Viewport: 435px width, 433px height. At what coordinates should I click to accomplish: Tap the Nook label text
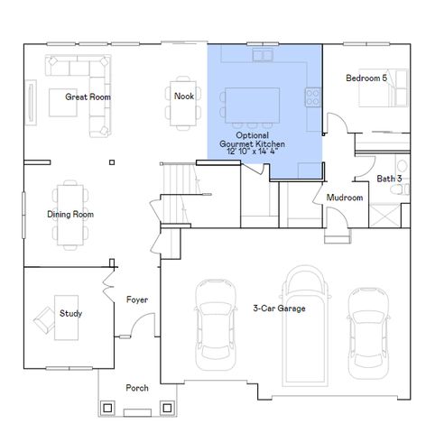184,96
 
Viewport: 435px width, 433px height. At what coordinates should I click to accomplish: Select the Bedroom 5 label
366,78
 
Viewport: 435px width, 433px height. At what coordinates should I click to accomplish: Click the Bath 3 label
390,179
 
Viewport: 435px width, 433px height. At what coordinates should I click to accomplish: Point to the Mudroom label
345,198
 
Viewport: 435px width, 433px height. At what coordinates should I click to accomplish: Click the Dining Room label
70,215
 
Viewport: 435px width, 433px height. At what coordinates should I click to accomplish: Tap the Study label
71,314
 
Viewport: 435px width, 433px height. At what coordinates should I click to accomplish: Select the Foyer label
137,299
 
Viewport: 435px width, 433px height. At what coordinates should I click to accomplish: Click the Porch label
137,388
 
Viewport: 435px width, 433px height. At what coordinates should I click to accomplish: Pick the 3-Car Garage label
279,309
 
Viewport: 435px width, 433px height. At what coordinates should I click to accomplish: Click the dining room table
69,214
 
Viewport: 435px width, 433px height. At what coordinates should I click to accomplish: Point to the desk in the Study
65,317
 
